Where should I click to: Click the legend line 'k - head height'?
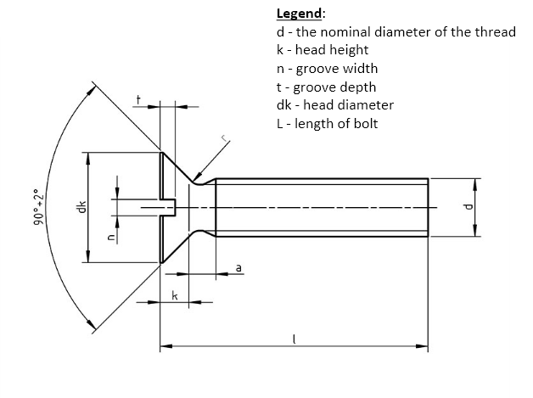click(x=323, y=50)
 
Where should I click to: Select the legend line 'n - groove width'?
click(x=327, y=69)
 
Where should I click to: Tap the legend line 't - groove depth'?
click(x=326, y=87)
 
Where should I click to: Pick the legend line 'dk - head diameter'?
click(x=334, y=105)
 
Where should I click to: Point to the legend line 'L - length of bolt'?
click(x=327, y=124)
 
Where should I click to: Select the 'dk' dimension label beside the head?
click(x=81, y=208)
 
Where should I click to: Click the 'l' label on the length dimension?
click(x=294, y=339)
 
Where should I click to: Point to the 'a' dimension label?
click(x=238, y=267)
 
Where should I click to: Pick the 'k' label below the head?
click(x=174, y=294)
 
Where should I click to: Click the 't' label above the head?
click(x=138, y=101)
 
